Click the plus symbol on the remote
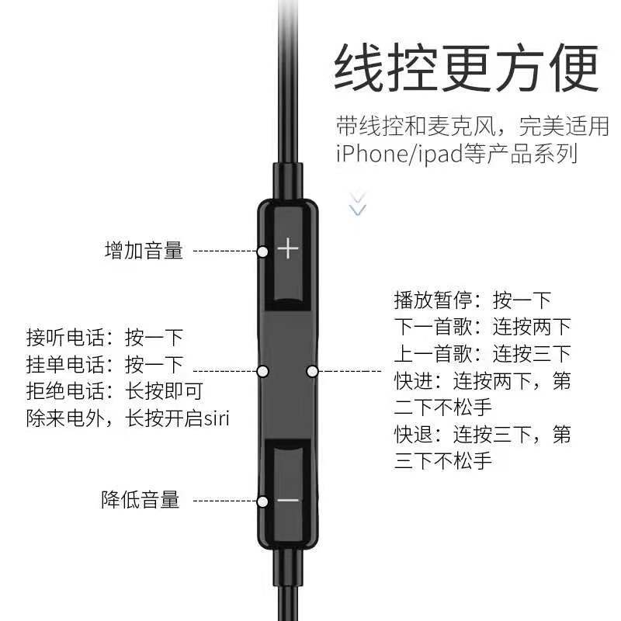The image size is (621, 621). coord(288,249)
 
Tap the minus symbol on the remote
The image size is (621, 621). coord(288,500)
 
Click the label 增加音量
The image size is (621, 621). coord(144,251)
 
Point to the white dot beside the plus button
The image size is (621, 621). coord(262,251)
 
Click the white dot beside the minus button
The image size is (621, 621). coord(262,501)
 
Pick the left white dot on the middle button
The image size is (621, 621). coord(262,371)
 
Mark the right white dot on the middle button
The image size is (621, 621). coord(312,371)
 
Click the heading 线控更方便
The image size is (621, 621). coord(467,70)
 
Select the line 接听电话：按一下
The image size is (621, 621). coord(104,338)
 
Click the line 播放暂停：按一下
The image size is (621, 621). coord(472,300)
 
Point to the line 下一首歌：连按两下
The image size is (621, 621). coord(482,327)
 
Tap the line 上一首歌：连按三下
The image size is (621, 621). coord(482,354)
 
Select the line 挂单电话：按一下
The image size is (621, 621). coord(104,364)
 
